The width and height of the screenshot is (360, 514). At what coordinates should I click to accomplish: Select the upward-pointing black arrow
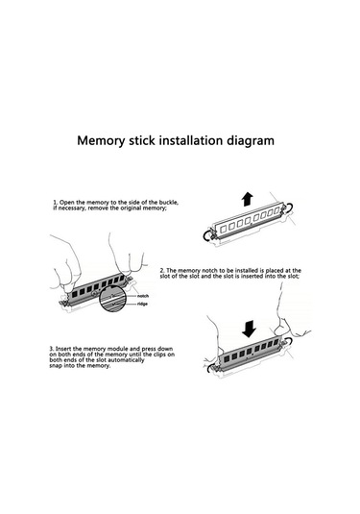click(x=248, y=199)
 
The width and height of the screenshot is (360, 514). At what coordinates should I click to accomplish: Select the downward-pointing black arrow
click(x=249, y=329)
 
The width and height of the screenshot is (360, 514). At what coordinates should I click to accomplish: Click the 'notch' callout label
click(x=143, y=296)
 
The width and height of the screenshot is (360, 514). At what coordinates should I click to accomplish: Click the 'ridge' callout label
click(x=142, y=304)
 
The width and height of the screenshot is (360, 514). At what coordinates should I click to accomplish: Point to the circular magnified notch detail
click(x=112, y=298)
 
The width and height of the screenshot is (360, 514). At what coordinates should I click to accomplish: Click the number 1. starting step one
click(x=56, y=203)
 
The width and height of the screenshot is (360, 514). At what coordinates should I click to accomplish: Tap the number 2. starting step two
click(x=162, y=270)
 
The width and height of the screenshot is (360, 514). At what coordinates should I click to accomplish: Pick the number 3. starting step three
click(x=52, y=349)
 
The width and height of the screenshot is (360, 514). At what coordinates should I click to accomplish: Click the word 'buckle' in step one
click(x=170, y=203)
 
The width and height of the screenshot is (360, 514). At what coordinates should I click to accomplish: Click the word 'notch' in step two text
click(x=209, y=270)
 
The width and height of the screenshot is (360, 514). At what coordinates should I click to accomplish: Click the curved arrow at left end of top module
click(x=207, y=235)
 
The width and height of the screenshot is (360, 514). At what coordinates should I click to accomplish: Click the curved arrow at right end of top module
click(x=289, y=208)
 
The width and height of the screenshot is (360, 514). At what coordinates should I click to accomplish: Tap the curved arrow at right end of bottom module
click(x=289, y=343)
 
